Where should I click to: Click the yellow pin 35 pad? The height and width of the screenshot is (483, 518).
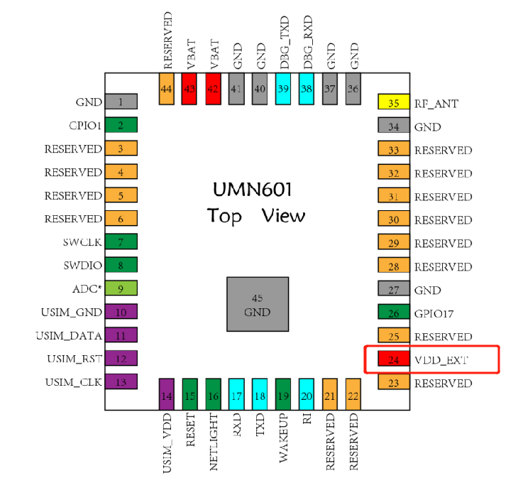(394, 104)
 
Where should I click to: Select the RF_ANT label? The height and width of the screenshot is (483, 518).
(436, 104)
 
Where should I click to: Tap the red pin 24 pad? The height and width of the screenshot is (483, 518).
(394, 360)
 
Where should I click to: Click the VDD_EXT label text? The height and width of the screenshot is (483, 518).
(443, 360)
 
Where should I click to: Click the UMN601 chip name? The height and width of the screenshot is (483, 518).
(253, 190)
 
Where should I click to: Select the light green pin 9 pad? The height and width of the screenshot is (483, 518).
(121, 288)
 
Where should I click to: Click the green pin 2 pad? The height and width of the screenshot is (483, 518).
(121, 126)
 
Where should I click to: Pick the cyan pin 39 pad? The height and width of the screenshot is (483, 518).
(283, 89)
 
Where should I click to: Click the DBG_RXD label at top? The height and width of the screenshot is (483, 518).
(307, 42)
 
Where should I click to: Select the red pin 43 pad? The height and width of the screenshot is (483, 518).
(189, 89)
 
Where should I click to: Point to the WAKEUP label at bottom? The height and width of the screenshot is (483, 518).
(283, 438)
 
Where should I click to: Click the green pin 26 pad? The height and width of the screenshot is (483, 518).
(394, 313)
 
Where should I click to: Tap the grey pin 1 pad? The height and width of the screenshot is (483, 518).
(121, 102)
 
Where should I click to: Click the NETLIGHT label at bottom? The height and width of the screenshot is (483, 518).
(213, 443)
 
